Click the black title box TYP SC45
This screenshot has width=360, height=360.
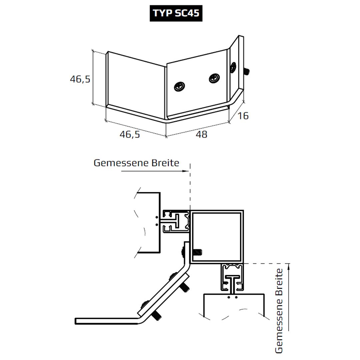pos(176,13)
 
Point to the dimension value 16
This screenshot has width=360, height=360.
pos(243,116)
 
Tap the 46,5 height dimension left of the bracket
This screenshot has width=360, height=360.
pos(80,79)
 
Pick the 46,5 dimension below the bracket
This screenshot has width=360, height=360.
pos(130,134)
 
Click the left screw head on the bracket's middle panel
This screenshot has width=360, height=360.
pos(180,87)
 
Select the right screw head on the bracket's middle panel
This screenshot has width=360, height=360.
pos(214,79)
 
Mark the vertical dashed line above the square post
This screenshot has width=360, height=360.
pos(190,187)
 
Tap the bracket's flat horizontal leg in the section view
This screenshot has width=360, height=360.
pos(107,321)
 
